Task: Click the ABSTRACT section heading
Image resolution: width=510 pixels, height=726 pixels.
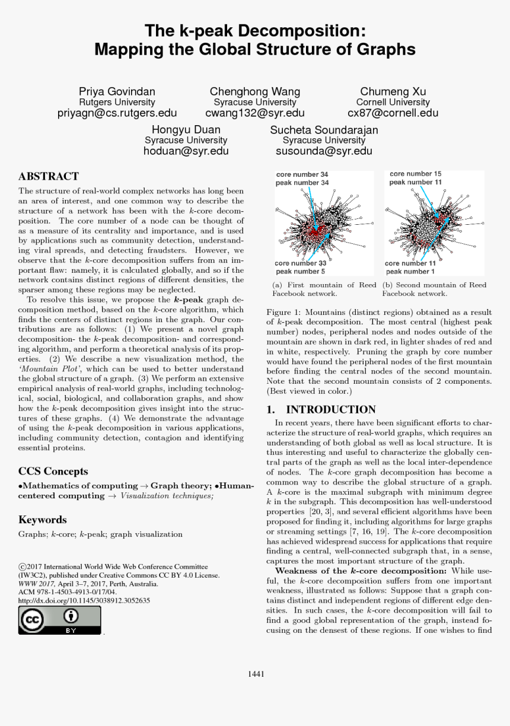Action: (49, 176)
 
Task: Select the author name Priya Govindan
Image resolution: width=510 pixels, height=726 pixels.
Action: (117, 91)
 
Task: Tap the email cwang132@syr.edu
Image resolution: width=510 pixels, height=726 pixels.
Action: (255, 113)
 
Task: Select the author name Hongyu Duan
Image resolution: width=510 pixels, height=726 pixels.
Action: (186, 129)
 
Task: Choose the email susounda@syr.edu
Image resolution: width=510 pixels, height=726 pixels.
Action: (324, 151)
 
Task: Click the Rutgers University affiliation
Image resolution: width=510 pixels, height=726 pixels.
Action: (117, 102)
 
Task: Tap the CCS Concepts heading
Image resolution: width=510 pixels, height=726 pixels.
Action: (53, 472)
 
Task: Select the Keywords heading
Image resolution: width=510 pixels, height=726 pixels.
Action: (43, 520)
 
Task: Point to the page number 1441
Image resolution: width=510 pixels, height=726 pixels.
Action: (256, 673)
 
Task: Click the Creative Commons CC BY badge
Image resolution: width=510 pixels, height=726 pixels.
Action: (60, 620)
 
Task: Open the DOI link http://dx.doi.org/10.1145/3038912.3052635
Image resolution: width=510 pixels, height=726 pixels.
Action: (84, 600)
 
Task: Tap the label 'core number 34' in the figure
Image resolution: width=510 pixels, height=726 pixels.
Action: (302, 174)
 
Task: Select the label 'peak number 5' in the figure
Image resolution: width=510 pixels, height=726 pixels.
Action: (300, 271)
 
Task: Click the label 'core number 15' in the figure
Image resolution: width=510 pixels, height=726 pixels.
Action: (416, 174)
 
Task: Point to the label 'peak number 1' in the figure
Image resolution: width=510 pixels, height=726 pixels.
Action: (410, 272)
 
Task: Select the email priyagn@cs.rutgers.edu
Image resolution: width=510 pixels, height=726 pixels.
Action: (117, 113)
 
